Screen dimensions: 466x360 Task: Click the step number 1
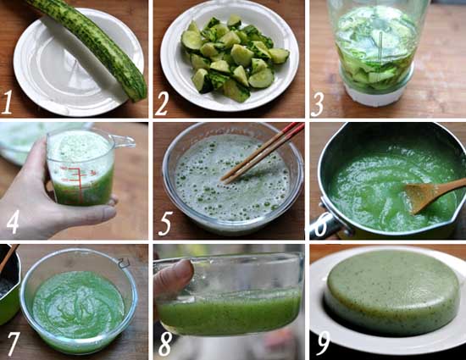[x=7, y=102]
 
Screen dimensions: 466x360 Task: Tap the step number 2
[x=162, y=102]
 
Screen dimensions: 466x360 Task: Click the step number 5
[x=165, y=224]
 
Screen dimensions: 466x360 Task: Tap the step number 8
[x=165, y=344]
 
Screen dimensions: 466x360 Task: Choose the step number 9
[x=323, y=343]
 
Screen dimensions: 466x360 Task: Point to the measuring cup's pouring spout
[x=125, y=142]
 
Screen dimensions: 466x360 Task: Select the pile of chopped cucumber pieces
[x=235, y=58]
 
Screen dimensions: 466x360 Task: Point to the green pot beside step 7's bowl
[x=9, y=285]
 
